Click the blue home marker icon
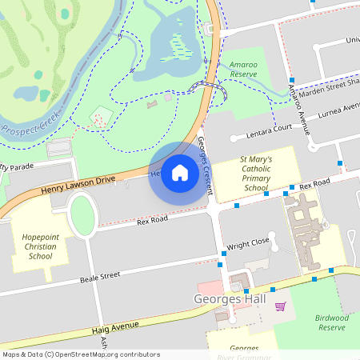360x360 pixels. point(180,173)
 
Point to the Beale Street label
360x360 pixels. point(100,277)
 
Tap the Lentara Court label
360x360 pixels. point(270,128)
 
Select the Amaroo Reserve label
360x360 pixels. point(242,68)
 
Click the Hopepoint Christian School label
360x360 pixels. point(41,246)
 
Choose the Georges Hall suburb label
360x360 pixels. point(228,300)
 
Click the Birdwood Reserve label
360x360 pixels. point(332,322)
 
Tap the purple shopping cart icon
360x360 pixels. point(280,306)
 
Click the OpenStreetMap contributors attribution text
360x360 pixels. point(80,354)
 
